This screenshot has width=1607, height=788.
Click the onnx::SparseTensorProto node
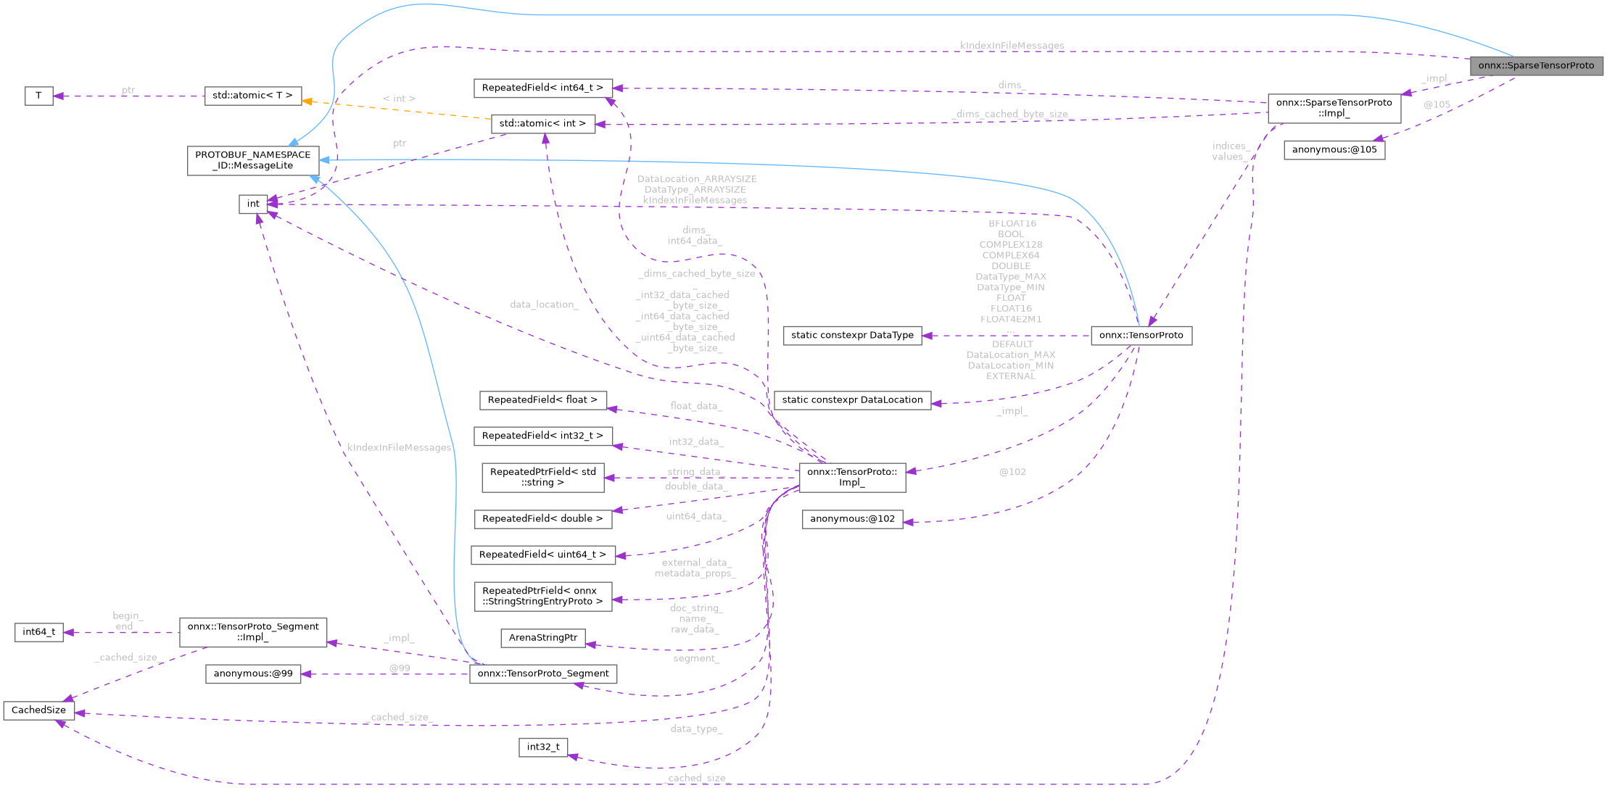coord(1536,65)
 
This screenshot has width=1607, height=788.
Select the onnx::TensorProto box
coord(1141,335)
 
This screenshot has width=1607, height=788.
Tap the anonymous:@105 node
coord(1334,150)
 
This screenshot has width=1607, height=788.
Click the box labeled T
coord(38,96)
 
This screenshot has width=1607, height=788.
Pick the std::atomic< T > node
coord(252,96)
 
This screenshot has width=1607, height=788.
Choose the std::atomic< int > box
coord(542,123)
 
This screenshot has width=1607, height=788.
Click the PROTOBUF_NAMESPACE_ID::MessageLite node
coord(252,160)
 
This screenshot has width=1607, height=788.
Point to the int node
coord(253,204)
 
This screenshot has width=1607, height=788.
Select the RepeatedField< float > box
coord(542,399)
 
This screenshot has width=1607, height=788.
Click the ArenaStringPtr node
coord(542,637)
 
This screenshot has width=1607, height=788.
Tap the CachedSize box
coord(38,710)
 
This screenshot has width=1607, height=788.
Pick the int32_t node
coord(542,747)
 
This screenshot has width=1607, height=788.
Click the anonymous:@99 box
coord(253,673)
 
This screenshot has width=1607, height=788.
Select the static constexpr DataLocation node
coord(852,399)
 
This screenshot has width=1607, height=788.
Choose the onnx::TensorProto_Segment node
coord(542,673)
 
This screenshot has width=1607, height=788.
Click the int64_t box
coord(38,632)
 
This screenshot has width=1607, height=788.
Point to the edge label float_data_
coord(695,406)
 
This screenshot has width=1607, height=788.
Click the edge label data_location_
coord(544,304)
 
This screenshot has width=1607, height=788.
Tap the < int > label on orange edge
coord(399,99)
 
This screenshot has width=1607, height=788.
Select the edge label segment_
coord(695,658)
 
